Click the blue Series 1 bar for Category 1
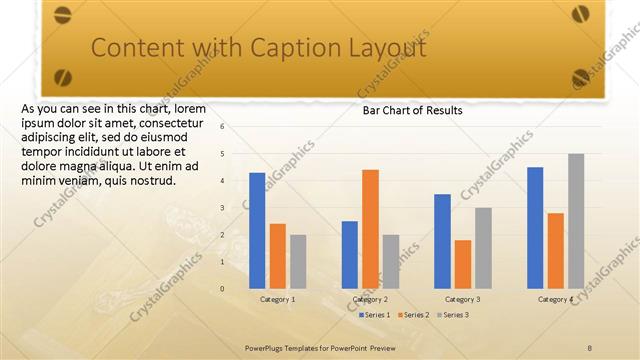click(x=257, y=230)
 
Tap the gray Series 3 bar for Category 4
click(x=576, y=221)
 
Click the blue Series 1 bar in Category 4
click(x=535, y=227)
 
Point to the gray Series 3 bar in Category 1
click(x=298, y=261)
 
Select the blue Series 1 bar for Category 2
click(x=350, y=254)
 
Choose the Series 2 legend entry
click(x=413, y=315)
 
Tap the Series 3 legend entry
click(x=452, y=315)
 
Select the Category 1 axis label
click(x=277, y=299)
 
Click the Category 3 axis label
click(x=463, y=299)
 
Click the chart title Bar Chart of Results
click(x=412, y=111)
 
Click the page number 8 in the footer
click(x=590, y=347)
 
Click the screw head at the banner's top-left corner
click(x=63, y=15)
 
